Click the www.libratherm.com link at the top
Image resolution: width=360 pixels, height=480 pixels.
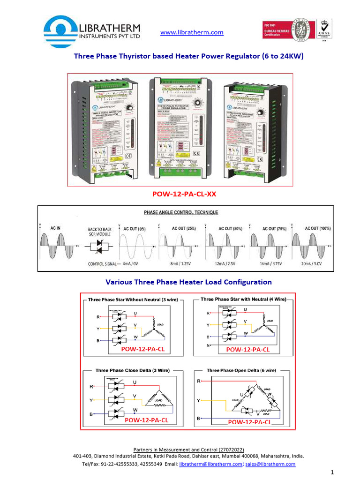tap(192, 32)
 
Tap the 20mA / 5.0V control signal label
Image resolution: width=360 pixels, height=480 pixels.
tap(311, 264)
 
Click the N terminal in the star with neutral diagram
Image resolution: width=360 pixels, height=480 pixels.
tap(208, 345)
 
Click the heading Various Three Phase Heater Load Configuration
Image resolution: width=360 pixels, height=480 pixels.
tap(188, 282)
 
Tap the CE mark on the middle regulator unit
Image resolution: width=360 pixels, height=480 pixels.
tap(197, 153)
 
